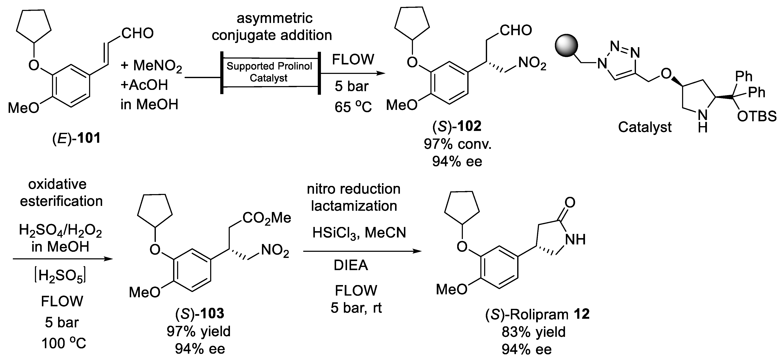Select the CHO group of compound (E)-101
pos(138,33)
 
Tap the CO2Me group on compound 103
pos(266,218)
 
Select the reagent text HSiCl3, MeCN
pos(359,233)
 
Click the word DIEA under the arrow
pos(351,265)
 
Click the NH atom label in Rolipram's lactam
pos(575,240)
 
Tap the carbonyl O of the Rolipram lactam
pos(570,202)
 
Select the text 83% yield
pos(534,332)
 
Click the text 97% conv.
pos(457,144)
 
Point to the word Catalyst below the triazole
pos(644,127)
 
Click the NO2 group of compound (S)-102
pos(532,63)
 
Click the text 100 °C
pos(64,343)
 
